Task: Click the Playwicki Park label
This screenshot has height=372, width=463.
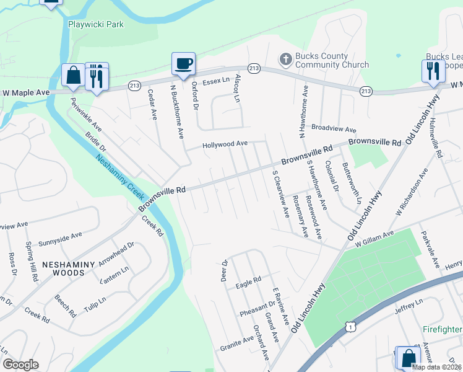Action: click(x=95, y=24)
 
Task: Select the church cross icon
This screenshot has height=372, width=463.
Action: click(x=285, y=60)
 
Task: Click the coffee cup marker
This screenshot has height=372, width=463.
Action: click(x=183, y=63)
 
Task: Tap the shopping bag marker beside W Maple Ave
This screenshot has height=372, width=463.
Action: click(x=73, y=75)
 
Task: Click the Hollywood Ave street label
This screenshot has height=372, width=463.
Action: click(x=225, y=144)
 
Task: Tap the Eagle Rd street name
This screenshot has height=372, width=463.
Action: click(x=248, y=285)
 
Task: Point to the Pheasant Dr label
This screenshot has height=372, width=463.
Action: click(x=257, y=305)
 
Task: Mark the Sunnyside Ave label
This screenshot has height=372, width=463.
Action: click(x=61, y=236)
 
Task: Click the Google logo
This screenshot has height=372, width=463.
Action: click(x=20, y=365)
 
